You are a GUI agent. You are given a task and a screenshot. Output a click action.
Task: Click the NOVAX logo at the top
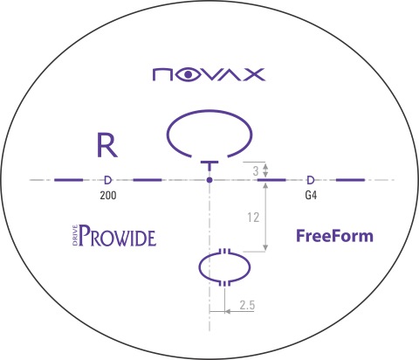coord(209,74)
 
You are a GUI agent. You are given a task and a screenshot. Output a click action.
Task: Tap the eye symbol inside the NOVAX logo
coord(189,75)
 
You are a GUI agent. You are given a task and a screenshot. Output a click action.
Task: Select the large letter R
coord(107,145)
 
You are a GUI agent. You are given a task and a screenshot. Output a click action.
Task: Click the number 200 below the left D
coord(108,195)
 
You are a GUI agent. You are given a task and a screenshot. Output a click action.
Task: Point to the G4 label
coord(311,195)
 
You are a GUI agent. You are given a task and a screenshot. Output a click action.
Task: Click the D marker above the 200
coord(107,180)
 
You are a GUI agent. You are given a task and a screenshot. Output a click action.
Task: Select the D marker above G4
coord(311,180)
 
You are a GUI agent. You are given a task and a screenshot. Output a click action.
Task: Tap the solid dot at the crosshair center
coord(209,180)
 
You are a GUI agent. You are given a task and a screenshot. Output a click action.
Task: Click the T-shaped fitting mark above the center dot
coord(209,165)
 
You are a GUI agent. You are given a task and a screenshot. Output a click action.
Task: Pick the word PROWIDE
coord(118,236)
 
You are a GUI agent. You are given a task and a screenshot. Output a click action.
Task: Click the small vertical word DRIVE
coord(75,235)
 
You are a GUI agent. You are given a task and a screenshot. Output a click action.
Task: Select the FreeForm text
coord(334,236)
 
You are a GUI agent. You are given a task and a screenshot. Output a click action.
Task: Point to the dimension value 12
coord(253,218)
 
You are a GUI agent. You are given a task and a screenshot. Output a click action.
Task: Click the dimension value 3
coord(256,171)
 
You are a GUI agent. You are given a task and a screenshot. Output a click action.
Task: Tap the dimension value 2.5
coord(247,305)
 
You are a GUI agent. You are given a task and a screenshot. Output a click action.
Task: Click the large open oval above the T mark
coord(209,110)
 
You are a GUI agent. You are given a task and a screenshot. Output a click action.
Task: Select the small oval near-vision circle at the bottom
coord(199,267)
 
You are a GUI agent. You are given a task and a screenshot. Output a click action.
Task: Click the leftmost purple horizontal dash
coord(69,180)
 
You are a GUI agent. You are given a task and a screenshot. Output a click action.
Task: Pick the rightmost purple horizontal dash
coord(350,180)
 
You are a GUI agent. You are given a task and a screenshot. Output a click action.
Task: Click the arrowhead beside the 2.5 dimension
coord(228,312)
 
